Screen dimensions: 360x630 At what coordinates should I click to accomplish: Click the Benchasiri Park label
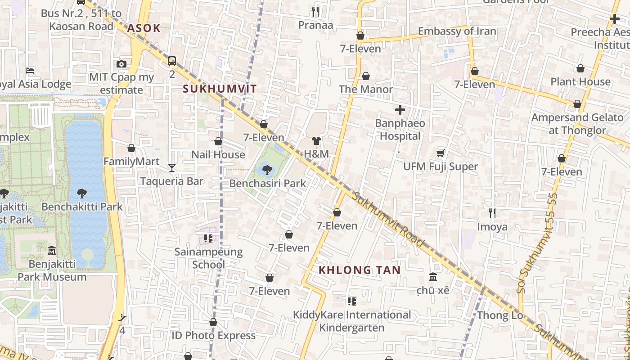267,184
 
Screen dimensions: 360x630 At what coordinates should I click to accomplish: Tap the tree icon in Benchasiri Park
267,170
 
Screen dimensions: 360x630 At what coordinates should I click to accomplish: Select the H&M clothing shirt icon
316,141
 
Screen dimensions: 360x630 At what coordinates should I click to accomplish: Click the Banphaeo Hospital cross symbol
400,109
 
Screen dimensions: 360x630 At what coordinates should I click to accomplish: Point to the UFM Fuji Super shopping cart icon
441,153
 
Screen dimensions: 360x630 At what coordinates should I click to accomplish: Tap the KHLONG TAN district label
359,270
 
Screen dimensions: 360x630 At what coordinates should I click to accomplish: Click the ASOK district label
144,28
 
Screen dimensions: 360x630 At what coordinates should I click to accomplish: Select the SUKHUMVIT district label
220,89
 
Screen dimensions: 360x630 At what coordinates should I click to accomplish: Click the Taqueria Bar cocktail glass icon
172,168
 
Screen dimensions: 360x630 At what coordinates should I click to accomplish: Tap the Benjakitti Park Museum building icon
52,250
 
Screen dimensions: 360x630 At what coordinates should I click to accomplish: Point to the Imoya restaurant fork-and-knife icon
492,213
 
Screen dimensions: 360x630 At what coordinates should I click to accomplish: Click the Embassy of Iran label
457,31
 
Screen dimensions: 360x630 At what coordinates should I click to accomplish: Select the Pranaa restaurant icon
315,12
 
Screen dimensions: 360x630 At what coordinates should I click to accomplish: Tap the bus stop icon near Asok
172,61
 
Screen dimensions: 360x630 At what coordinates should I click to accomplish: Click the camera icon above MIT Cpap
121,64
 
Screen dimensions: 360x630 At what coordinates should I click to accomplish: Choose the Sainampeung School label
208,258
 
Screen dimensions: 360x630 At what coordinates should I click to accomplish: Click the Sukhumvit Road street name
388,219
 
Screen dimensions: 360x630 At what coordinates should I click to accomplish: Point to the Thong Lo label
500,315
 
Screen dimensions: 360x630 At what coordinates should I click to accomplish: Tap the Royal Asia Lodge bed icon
30,71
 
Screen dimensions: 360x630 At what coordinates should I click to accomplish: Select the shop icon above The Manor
366,76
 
